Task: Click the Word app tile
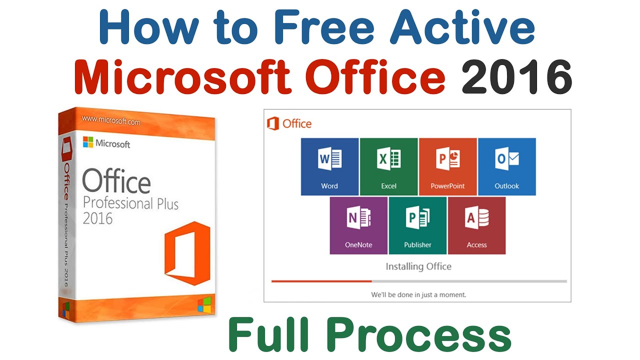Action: coord(329,166)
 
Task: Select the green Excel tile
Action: coord(388,166)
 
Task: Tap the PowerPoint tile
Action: coord(447,166)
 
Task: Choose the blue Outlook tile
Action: coord(506,166)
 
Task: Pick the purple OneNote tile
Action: coord(358,225)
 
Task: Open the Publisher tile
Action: coord(417,225)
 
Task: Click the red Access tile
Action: coord(476,225)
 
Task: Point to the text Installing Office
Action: coord(418,266)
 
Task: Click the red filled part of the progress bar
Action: coord(321,281)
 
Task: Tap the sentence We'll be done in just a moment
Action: coord(418,294)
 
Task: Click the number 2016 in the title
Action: coord(516,77)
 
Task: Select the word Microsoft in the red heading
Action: coord(182,77)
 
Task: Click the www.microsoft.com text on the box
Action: coord(110,121)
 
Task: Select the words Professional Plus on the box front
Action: coord(130,203)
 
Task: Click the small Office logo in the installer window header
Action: coord(273,123)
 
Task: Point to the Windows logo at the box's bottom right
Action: coord(204,304)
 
